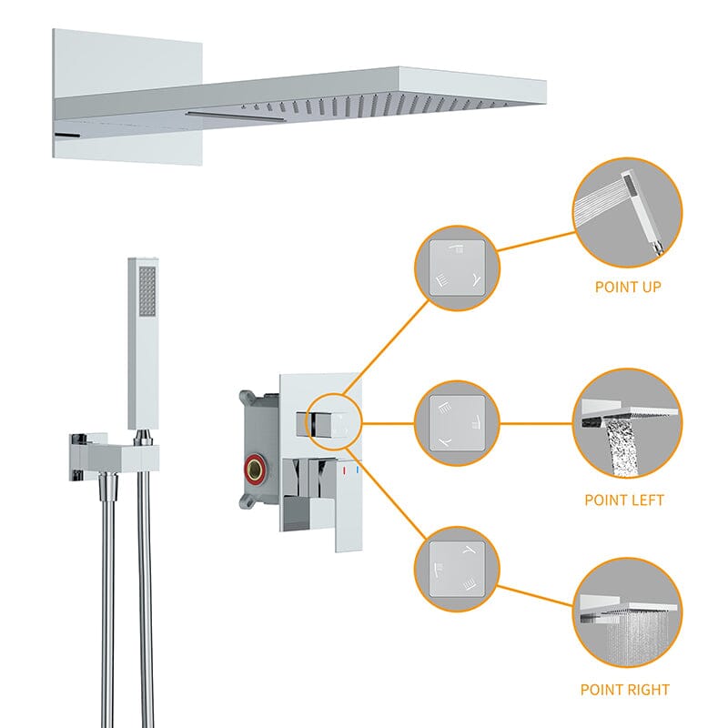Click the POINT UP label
[628, 287]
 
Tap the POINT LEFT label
[624, 500]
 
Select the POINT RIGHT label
[625, 690]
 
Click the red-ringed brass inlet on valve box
[254, 468]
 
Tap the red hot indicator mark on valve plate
[344, 471]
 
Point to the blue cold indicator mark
[357, 470]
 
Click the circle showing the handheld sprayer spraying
[627, 213]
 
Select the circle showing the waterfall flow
[627, 423]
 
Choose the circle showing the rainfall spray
[627, 612]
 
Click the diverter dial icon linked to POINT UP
[457, 268]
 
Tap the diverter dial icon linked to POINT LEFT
[457, 423]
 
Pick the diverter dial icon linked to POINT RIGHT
[457, 569]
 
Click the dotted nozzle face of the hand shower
[147, 290]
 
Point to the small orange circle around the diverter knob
[333, 422]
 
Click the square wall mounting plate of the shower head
[127, 96]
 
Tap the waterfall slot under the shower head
[235, 116]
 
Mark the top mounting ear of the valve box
[248, 398]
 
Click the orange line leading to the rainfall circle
[534, 596]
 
